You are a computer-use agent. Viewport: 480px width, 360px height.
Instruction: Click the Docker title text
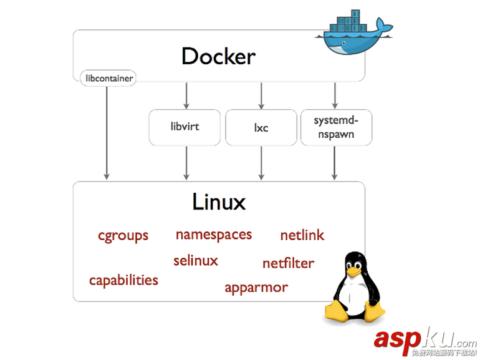point(218,56)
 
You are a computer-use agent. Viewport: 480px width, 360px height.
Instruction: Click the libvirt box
point(185,127)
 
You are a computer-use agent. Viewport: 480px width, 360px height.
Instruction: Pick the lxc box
point(261,127)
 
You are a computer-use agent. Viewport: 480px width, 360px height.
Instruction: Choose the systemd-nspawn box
point(335,127)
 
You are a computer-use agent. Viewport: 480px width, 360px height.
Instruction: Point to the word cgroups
point(123,236)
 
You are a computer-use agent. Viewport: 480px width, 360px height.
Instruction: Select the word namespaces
point(213,235)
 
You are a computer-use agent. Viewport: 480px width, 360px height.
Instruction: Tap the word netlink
point(302,235)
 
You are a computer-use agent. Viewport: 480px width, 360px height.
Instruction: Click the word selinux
point(196,260)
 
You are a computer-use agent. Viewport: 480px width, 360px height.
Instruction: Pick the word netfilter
point(288,263)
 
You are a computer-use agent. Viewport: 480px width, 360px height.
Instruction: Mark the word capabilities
point(123,280)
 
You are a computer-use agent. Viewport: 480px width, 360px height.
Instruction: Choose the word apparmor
point(256,288)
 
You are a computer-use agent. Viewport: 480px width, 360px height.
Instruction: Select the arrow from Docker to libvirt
point(186,95)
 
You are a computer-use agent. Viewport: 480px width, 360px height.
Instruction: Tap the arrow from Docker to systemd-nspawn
point(335,95)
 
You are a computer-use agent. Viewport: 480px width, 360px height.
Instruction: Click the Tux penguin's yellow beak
point(353,272)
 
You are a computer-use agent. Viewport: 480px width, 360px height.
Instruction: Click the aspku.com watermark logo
point(424,340)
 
